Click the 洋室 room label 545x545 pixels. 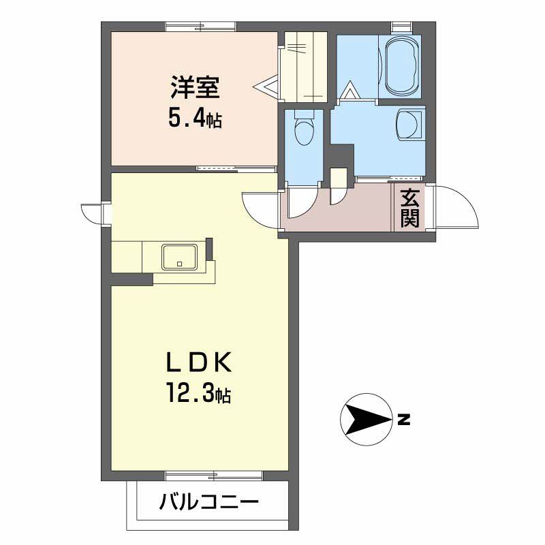pyautogui.click(x=195, y=89)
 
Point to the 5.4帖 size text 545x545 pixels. pyautogui.click(x=195, y=120)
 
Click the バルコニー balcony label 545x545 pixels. pyautogui.click(x=210, y=504)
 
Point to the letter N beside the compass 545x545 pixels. pyautogui.click(x=404, y=420)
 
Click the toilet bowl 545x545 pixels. pyautogui.click(x=302, y=129)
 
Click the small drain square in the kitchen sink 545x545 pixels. pyautogui.click(x=180, y=263)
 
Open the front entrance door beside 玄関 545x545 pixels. pyautogui.click(x=456, y=208)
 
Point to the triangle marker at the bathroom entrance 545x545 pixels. pyautogui.click(x=349, y=90)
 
